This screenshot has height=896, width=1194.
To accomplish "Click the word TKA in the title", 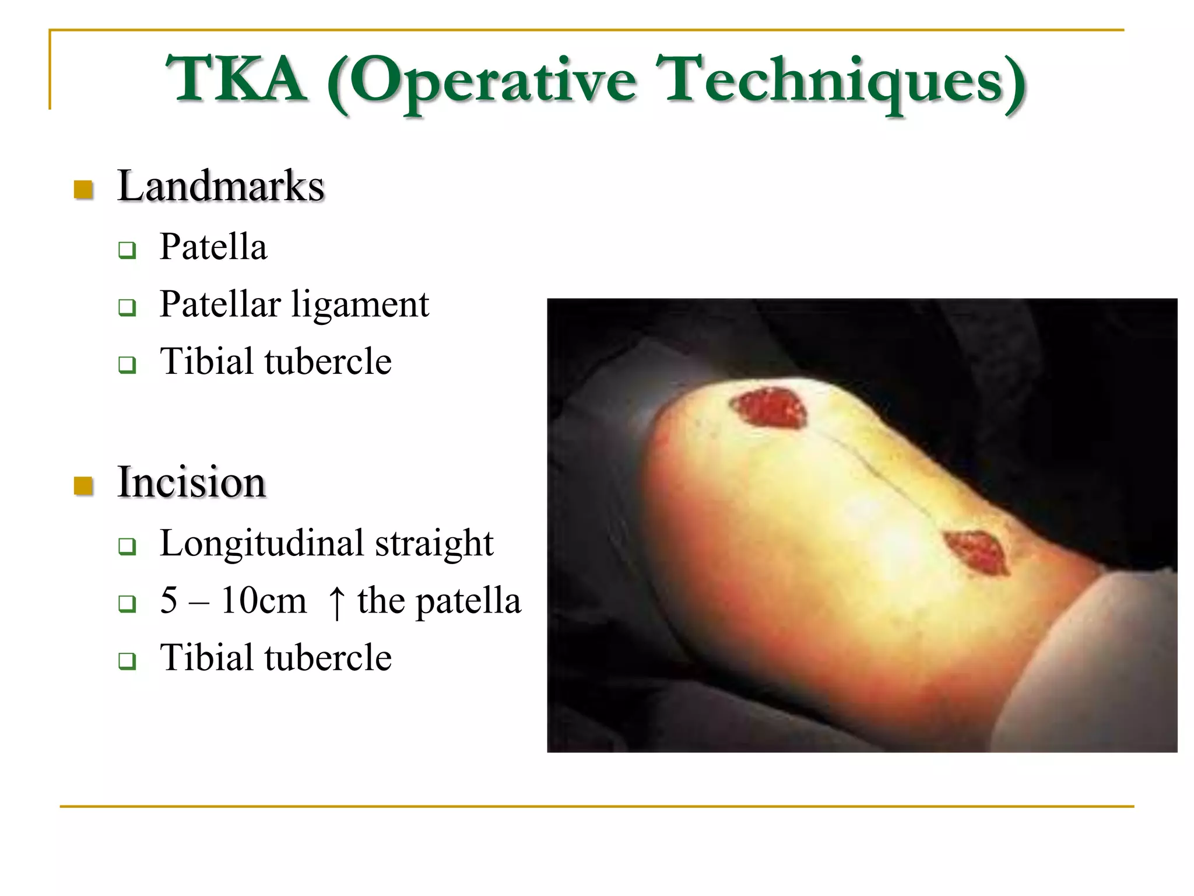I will tap(236, 79).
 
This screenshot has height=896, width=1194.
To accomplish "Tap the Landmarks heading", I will tap(220, 186).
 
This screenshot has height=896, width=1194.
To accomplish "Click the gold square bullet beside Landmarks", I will tap(84, 190).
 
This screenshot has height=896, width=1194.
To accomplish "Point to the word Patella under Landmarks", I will tap(213, 247).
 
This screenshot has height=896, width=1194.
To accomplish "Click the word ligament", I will tap(360, 305).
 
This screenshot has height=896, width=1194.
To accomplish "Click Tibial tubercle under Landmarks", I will tap(275, 361).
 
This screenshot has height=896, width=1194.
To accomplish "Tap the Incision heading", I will tap(191, 482).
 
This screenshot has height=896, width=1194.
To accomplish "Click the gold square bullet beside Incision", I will tap(84, 485).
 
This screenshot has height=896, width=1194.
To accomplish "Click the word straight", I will tap(434, 544).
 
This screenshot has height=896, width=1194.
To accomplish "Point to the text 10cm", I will tap(264, 600).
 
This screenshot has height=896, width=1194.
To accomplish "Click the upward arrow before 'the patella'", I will tap(336, 601).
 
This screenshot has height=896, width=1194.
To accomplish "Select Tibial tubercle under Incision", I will tap(275, 657).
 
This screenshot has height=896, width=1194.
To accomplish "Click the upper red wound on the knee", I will tap(770, 408).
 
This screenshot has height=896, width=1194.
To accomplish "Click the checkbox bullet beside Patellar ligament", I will tap(127, 307).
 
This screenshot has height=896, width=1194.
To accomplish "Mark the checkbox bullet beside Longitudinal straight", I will tap(127, 547).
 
